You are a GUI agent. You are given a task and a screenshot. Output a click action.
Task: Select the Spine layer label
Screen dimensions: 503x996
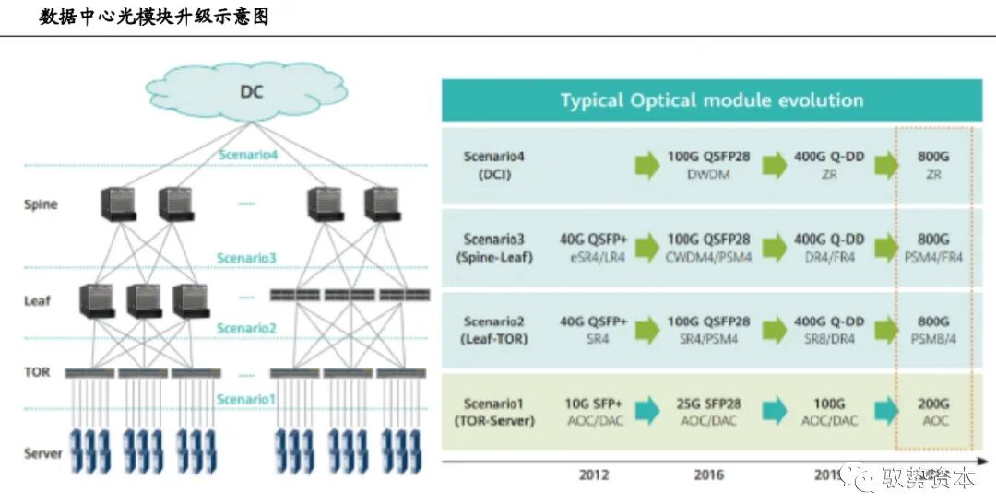point(41,205)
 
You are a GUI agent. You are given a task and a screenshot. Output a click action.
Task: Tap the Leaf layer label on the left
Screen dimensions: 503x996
point(38,300)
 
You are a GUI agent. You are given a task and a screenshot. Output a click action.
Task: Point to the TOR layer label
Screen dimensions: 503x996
point(37,372)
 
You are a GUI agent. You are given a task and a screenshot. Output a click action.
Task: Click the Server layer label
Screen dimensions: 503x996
point(43,453)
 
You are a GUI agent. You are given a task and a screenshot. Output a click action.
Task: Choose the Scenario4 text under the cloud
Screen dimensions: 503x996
point(247,155)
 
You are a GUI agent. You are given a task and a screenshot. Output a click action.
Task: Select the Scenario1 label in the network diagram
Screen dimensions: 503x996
point(246,399)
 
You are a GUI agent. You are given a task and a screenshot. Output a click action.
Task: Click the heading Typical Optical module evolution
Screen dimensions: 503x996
point(711,100)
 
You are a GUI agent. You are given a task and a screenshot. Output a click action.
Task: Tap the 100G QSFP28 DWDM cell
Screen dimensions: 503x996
point(708,165)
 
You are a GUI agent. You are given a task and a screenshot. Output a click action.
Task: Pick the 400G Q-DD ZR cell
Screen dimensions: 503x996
point(829,165)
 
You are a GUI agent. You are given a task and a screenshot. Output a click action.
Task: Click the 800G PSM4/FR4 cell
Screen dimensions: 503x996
point(932,248)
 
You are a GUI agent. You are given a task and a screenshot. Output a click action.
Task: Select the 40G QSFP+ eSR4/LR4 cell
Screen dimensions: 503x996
point(593,248)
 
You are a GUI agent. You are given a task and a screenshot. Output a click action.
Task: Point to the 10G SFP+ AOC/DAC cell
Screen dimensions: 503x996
point(593,412)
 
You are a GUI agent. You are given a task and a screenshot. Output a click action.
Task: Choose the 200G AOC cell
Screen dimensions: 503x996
point(932,412)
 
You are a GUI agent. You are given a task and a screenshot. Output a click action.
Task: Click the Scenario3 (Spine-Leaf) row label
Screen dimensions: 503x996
point(494,248)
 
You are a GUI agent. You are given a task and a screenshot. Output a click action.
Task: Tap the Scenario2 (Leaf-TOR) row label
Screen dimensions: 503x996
point(494,330)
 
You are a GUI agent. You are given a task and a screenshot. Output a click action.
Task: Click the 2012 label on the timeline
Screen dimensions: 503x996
point(594,475)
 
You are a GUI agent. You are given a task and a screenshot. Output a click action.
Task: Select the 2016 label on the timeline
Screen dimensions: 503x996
point(707,475)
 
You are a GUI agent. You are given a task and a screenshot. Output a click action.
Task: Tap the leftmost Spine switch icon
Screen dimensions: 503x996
point(118,204)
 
